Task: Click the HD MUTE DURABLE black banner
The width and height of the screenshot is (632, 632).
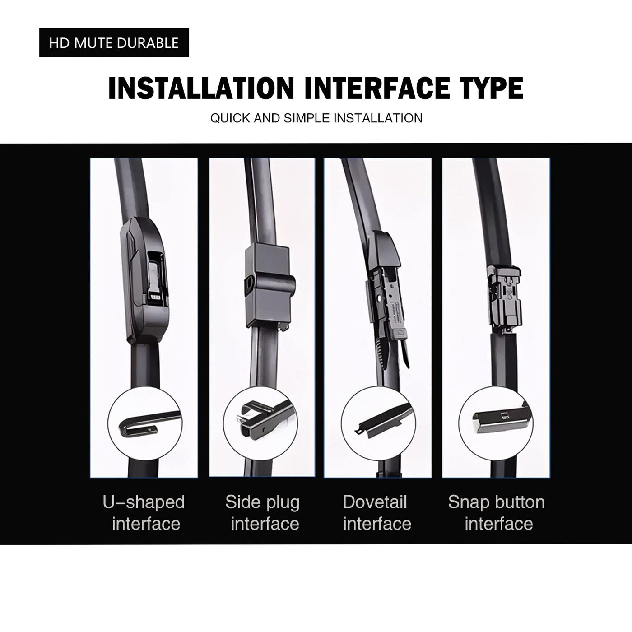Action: click(114, 42)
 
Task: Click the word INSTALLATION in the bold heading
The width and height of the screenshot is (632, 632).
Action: click(201, 88)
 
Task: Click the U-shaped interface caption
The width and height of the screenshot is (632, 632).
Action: click(144, 513)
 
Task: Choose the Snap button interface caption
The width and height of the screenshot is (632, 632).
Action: click(497, 513)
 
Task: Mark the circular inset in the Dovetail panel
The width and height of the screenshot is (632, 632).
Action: click(378, 423)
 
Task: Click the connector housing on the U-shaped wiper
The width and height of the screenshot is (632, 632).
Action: click(144, 280)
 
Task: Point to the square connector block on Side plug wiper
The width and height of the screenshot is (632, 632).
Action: click(270, 286)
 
